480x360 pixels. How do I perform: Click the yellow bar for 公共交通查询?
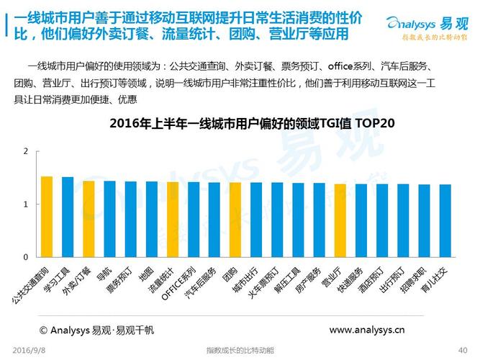[x=47, y=216]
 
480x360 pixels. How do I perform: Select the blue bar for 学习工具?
[x=68, y=216]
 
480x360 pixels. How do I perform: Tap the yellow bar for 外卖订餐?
[x=89, y=218]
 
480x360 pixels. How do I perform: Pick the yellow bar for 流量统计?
[x=173, y=219]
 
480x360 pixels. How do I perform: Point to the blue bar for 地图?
[x=152, y=219]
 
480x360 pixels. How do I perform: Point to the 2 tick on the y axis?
[x=25, y=152]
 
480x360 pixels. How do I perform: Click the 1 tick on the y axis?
[x=25, y=204]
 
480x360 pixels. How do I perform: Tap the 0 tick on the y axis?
[x=25, y=257]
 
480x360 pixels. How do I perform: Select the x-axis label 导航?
[x=104, y=273]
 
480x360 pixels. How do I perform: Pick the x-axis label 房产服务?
[x=309, y=278]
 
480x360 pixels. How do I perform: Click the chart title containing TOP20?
[x=252, y=123]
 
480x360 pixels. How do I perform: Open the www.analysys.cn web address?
[x=366, y=330]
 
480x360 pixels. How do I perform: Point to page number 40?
[x=463, y=350]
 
